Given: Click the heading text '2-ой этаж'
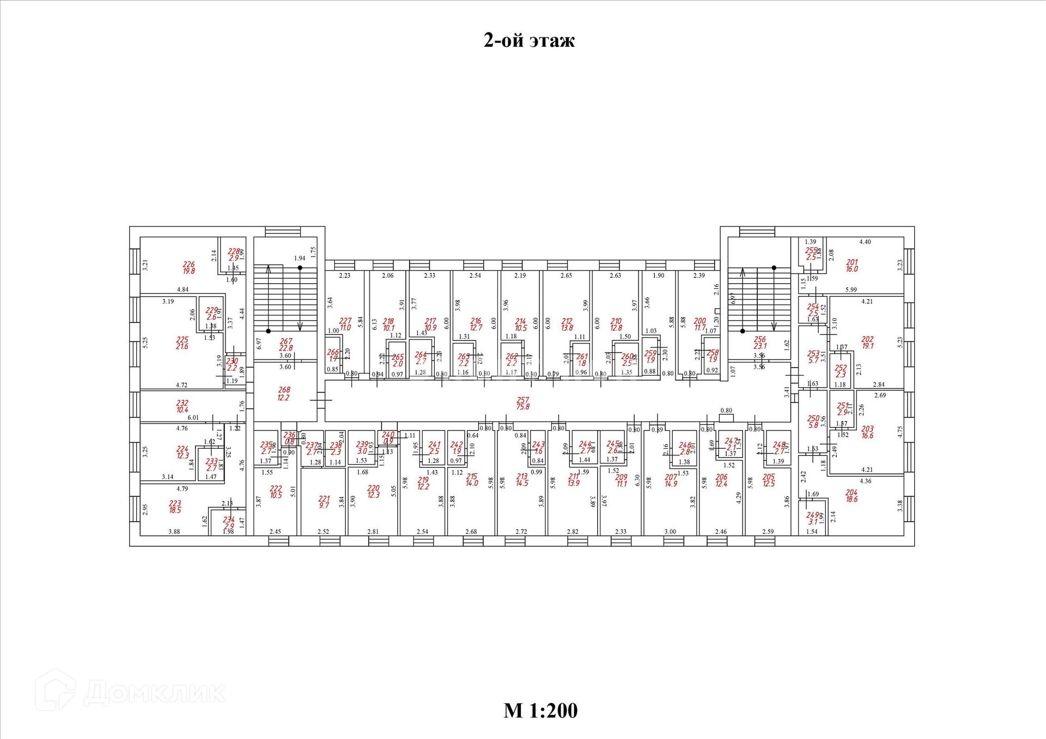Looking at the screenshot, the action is [x=529, y=40].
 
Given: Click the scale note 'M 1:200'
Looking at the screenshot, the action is [x=540, y=711].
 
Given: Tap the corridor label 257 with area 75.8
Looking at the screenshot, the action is [x=523, y=403].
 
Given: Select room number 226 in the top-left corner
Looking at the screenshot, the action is [x=188, y=267].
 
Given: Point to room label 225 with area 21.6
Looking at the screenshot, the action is [x=182, y=343].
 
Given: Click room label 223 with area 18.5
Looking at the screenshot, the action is [x=175, y=507].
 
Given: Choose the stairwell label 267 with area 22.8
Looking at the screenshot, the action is [x=286, y=345].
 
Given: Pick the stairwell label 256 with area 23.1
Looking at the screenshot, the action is [x=760, y=343].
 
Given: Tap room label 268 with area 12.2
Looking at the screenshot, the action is [x=284, y=394].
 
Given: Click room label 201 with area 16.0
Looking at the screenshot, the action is [x=852, y=266].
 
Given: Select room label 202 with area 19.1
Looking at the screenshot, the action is [x=867, y=343].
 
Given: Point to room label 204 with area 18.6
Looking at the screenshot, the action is [x=852, y=496].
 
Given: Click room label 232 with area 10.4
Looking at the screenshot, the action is [x=183, y=406].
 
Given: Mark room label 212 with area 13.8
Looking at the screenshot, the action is [x=567, y=325].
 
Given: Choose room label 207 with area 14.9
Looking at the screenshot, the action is [x=671, y=480].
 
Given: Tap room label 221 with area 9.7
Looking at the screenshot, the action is [x=324, y=502].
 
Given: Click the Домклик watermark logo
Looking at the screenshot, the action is [x=131, y=692].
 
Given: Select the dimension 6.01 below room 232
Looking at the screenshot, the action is [x=193, y=418].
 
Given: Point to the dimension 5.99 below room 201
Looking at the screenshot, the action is [x=851, y=290].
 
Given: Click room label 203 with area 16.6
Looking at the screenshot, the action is [x=867, y=432].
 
